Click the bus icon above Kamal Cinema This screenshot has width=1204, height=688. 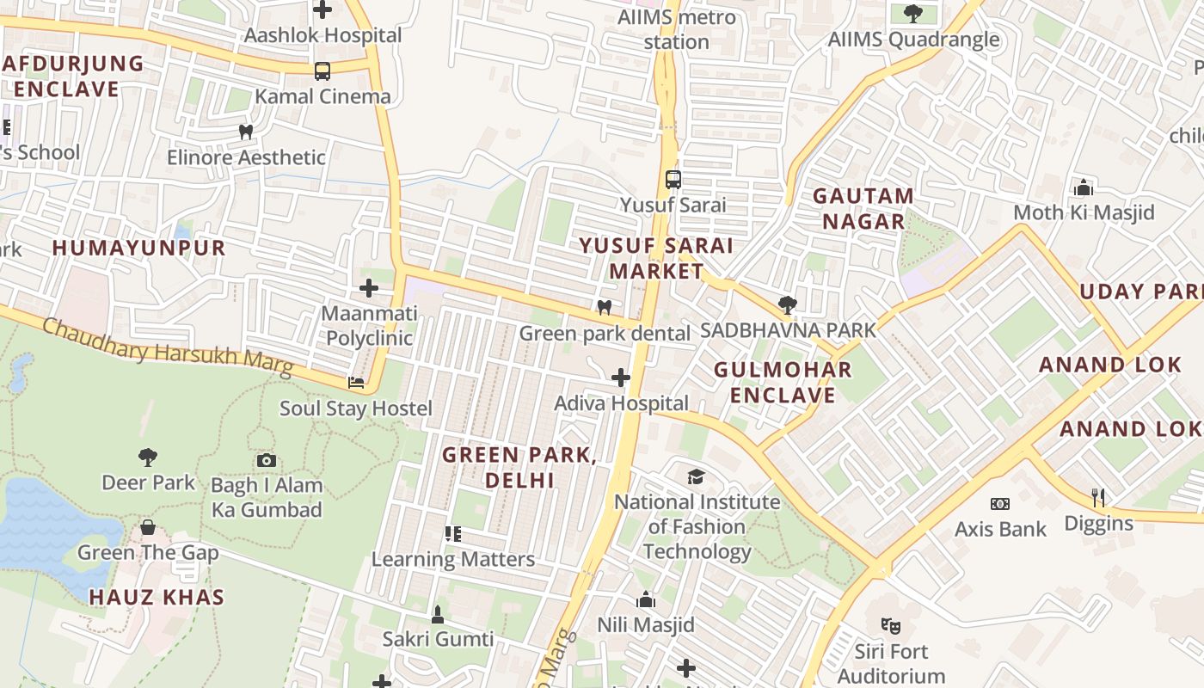(x=322, y=71)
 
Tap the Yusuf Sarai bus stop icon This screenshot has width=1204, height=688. (x=673, y=180)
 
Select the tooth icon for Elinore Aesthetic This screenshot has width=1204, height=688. (x=246, y=132)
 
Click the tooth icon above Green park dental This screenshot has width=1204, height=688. (x=605, y=307)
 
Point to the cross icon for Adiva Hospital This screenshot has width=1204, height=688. (x=621, y=378)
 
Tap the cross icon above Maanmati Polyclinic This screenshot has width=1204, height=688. (x=369, y=287)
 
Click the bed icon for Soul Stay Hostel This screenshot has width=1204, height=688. (x=356, y=383)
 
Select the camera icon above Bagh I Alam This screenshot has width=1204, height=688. (x=267, y=460)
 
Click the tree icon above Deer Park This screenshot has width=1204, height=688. (x=148, y=458)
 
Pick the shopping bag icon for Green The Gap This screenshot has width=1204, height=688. (x=148, y=527)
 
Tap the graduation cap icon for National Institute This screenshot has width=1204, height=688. (x=696, y=476)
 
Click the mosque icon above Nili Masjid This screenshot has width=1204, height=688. (x=645, y=599)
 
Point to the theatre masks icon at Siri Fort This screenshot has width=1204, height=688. (x=890, y=626)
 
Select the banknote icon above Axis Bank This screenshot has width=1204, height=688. (x=999, y=504)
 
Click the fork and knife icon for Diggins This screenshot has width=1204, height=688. (x=1098, y=497)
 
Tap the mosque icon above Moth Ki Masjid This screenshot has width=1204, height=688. (x=1084, y=187)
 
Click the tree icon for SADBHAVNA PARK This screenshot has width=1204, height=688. (x=787, y=304)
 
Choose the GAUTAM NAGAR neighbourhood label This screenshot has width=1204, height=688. (x=863, y=208)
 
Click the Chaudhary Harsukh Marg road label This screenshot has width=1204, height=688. (x=168, y=347)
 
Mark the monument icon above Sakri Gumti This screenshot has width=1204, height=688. (x=438, y=614)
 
